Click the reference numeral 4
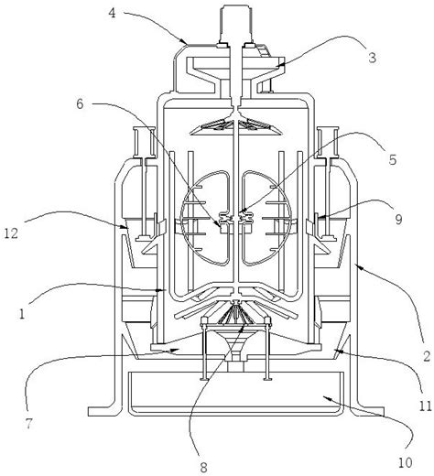[x=113, y=14]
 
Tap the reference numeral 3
[x=373, y=58]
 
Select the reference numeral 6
[x=80, y=104]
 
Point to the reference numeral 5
[x=393, y=159]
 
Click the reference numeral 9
[x=398, y=219]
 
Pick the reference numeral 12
[x=11, y=233]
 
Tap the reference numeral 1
[x=21, y=314]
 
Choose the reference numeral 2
[x=427, y=356]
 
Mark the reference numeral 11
[x=426, y=406]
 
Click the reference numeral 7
[x=28, y=424]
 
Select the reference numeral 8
[x=203, y=467]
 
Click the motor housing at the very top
[x=236, y=25]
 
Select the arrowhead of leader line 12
[x=125, y=226]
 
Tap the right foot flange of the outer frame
[x=367, y=411]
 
